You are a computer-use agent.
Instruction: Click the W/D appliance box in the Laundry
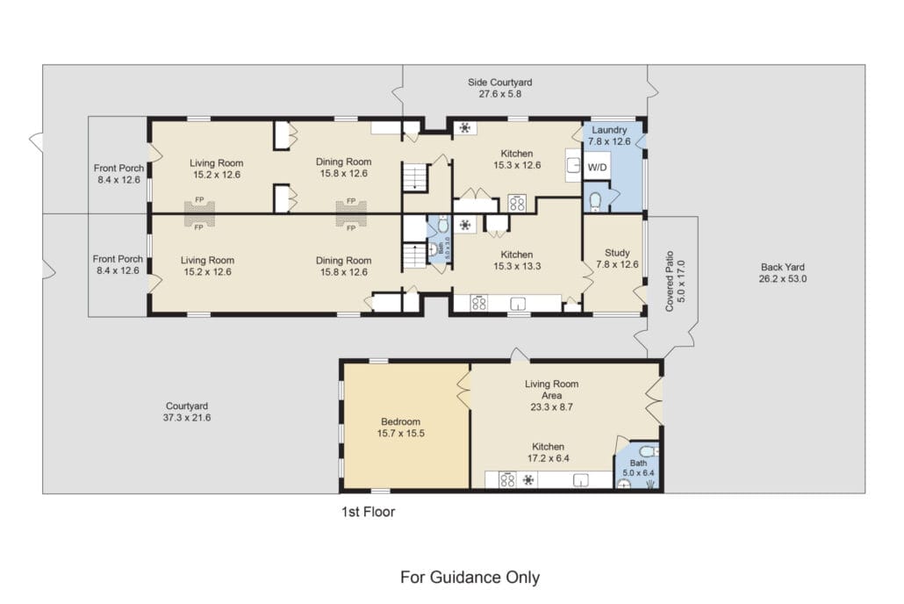click(x=597, y=167)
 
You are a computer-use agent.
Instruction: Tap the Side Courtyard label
click(x=500, y=83)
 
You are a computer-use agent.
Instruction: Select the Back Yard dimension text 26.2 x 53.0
click(x=782, y=279)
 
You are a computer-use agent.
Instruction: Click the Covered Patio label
click(x=670, y=281)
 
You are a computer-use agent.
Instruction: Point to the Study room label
click(x=617, y=253)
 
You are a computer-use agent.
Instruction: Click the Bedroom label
click(x=401, y=421)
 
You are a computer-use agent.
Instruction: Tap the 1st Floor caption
click(x=369, y=512)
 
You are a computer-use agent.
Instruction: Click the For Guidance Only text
click(x=470, y=577)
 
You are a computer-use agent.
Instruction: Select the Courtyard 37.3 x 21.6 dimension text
click(x=187, y=418)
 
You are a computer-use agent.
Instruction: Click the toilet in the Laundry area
click(x=595, y=201)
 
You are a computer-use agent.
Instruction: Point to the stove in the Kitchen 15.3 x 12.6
click(x=517, y=203)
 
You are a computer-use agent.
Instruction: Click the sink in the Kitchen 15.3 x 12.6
click(x=573, y=165)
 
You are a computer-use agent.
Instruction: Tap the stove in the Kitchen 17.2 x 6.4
click(x=507, y=480)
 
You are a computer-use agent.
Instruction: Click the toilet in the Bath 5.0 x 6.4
click(x=649, y=450)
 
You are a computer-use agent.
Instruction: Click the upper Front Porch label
click(x=118, y=168)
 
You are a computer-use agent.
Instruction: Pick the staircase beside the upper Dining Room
click(x=415, y=177)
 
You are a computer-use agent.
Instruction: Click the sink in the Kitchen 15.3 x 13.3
click(x=518, y=304)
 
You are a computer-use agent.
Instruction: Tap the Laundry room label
click(x=609, y=130)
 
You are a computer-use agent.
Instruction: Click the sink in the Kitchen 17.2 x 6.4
click(x=580, y=480)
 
